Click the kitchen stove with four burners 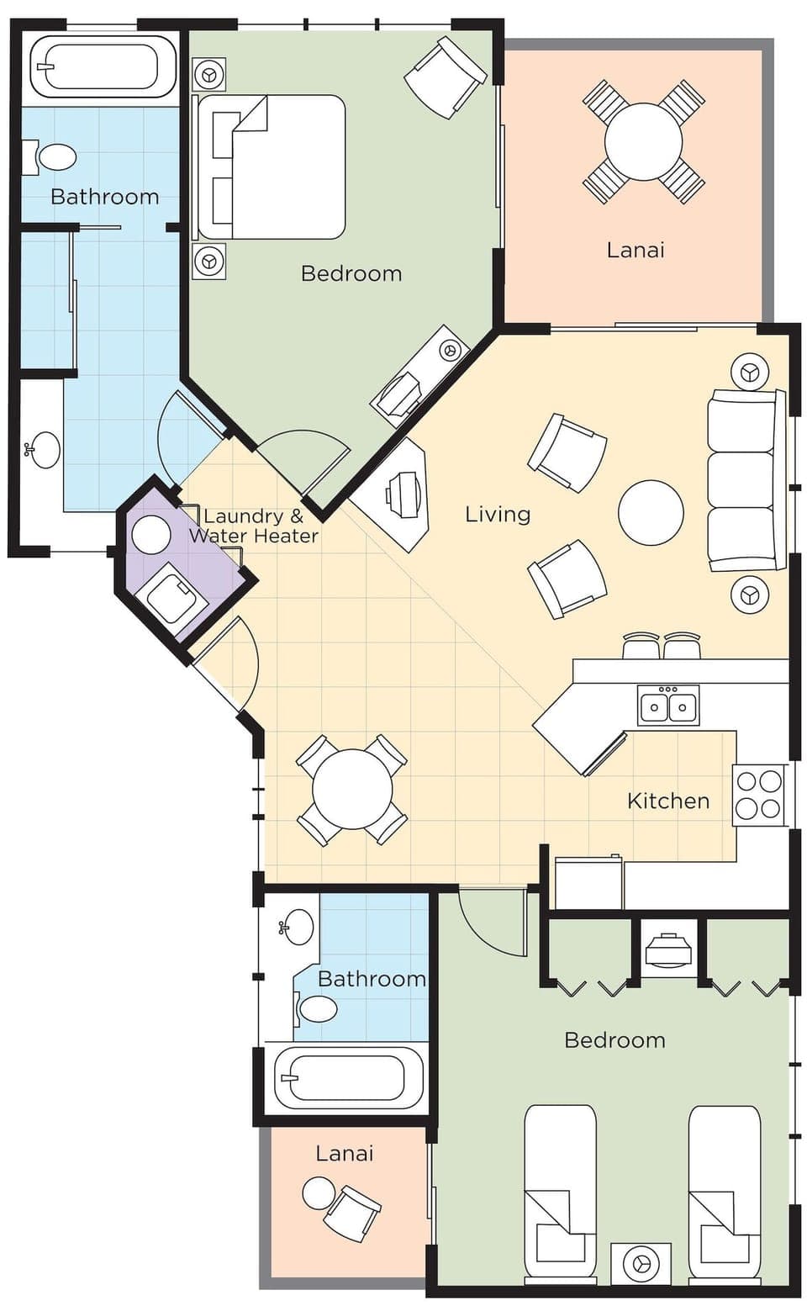[759, 796]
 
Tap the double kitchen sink [668, 706]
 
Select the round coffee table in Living [651, 512]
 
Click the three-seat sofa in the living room [741, 480]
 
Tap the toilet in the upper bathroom [55, 157]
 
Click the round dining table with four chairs [352, 790]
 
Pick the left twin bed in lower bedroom [560, 1192]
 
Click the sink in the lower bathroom [298, 927]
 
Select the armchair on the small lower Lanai [352, 1212]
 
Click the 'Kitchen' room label [668, 801]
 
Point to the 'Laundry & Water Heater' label [254, 526]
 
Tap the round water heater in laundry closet [152, 535]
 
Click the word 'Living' [498, 514]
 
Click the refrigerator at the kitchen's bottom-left [588, 882]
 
